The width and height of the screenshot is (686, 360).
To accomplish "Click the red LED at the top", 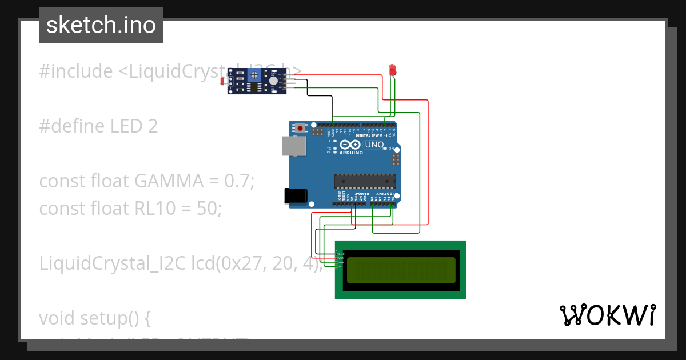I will coord(392,70).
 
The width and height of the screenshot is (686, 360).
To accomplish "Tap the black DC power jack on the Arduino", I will coord(296,196).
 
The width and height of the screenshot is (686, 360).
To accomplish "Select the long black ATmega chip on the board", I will coord(365,181).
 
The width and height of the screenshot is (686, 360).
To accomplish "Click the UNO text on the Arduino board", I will coord(374,145).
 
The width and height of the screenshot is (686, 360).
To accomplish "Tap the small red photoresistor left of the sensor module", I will coord(222,82).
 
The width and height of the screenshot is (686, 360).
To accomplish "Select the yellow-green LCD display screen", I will coord(401,270).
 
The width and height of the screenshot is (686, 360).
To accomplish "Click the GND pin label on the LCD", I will coord(341,253).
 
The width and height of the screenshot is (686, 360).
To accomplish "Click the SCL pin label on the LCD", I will coord(341,267).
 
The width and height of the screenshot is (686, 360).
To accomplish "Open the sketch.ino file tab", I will coord(101,25).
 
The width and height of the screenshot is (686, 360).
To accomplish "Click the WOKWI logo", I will coord(607,315).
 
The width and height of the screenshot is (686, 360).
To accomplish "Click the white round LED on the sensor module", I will coord(273,81).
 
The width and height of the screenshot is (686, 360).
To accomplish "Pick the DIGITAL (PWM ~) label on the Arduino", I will coord(371,135).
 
